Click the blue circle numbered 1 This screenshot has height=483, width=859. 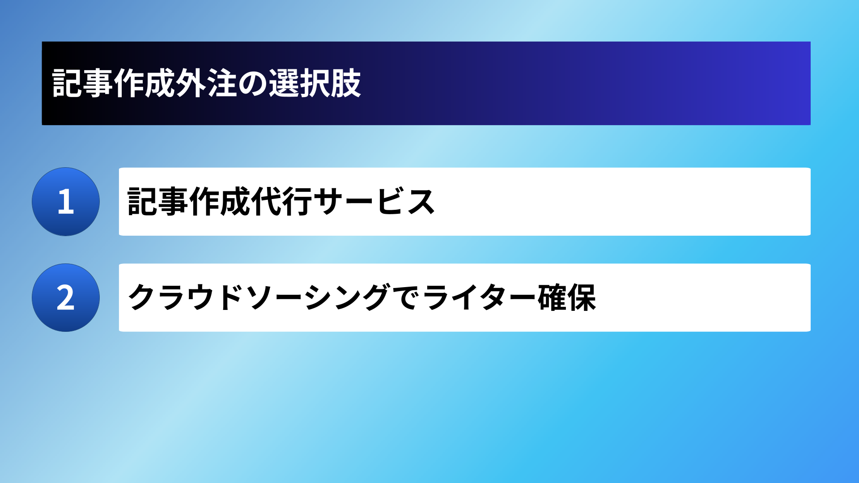click(x=66, y=202)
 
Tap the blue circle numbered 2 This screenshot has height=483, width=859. click(x=66, y=297)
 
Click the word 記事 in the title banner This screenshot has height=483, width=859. click(x=83, y=83)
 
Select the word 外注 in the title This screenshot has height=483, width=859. click(x=206, y=83)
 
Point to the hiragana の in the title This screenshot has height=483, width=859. click(x=252, y=84)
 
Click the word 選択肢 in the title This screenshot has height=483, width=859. click(x=315, y=83)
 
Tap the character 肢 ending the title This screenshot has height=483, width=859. click(x=346, y=83)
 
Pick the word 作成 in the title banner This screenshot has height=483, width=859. click(x=145, y=83)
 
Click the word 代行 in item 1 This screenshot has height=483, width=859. click(x=282, y=202)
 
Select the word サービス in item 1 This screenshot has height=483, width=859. click(x=374, y=202)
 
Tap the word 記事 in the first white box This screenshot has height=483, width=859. click(x=157, y=202)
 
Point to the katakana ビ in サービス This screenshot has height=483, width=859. click(x=389, y=201)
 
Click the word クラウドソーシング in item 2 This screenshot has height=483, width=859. click(x=259, y=297)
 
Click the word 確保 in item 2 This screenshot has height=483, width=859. click(x=567, y=297)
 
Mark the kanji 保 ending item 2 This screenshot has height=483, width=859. click(x=582, y=297)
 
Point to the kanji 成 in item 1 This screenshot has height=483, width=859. click(x=235, y=202)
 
